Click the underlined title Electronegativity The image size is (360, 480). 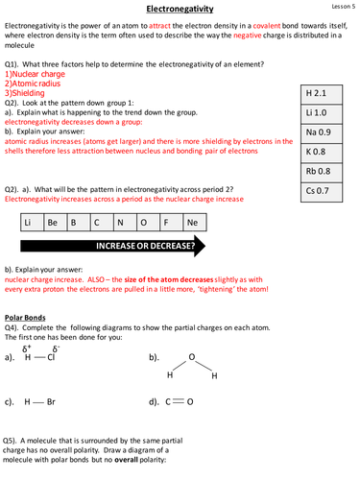point(180,9)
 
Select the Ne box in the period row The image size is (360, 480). point(193,222)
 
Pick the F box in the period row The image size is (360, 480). point(165,222)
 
